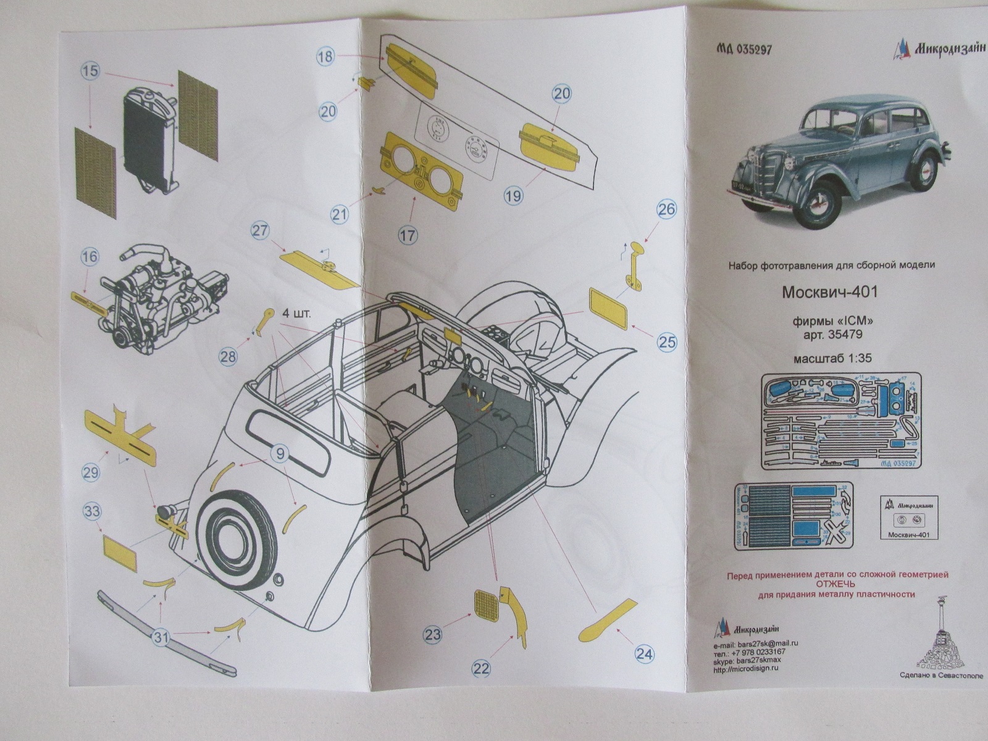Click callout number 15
[x=90, y=71]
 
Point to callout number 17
[x=408, y=235]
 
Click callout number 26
[x=666, y=209]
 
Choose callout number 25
[x=667, y=341]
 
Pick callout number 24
[x=644, y=654]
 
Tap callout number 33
[x=92, y=512]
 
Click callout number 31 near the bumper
[x=161, y=638]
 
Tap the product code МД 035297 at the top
[x=745, y=51]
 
